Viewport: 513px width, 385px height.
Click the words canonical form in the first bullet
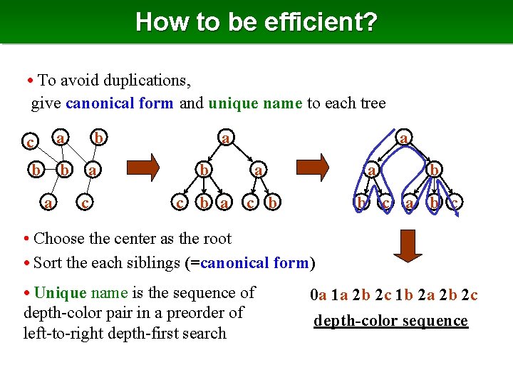119,103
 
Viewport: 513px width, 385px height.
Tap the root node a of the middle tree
225,137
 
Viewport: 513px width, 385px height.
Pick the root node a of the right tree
404,137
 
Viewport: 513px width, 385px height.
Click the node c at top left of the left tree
30,142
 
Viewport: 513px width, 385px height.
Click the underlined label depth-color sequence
390,320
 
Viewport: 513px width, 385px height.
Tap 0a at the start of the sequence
318,294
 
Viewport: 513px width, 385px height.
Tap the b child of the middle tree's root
203,170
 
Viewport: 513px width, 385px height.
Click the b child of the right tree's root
433,170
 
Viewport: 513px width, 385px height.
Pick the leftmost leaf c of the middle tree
181,203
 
